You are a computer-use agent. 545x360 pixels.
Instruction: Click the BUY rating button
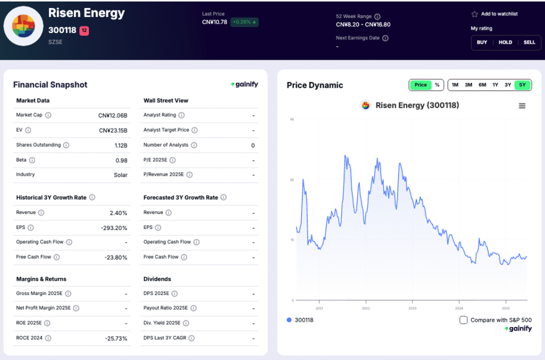pos(482,42)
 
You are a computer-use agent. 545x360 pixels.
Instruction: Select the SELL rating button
pos(529,42)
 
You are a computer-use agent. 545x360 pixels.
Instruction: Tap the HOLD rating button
pos(505,42)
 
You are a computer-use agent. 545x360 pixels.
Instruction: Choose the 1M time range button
pos(455,85)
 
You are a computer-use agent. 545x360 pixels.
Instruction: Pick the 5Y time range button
pos(522,85)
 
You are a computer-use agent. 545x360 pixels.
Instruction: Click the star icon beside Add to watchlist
pos(474,14)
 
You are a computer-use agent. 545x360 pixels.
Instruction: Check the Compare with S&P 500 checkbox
pos(464,320)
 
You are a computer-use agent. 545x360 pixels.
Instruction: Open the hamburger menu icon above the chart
pos(522,106)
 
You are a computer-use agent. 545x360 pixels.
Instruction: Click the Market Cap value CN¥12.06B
pos(113,115)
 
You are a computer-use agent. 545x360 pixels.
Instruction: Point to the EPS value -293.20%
pos(114,227)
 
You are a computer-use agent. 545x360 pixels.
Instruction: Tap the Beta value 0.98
pos(121,160)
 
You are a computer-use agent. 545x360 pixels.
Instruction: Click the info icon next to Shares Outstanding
pos(66,145)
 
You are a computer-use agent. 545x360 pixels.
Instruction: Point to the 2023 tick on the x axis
pos(412,308)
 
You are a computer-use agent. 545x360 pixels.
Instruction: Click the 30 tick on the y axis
pos(291,180)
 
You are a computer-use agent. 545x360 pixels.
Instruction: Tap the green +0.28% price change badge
pos(244,22)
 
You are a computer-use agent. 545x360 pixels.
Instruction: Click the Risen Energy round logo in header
pos(23,26)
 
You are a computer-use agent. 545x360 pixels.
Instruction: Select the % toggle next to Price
pos(437,85)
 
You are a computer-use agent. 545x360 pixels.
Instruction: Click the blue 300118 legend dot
pos(289,320)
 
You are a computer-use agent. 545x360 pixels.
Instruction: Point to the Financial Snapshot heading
pos(50,85)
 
